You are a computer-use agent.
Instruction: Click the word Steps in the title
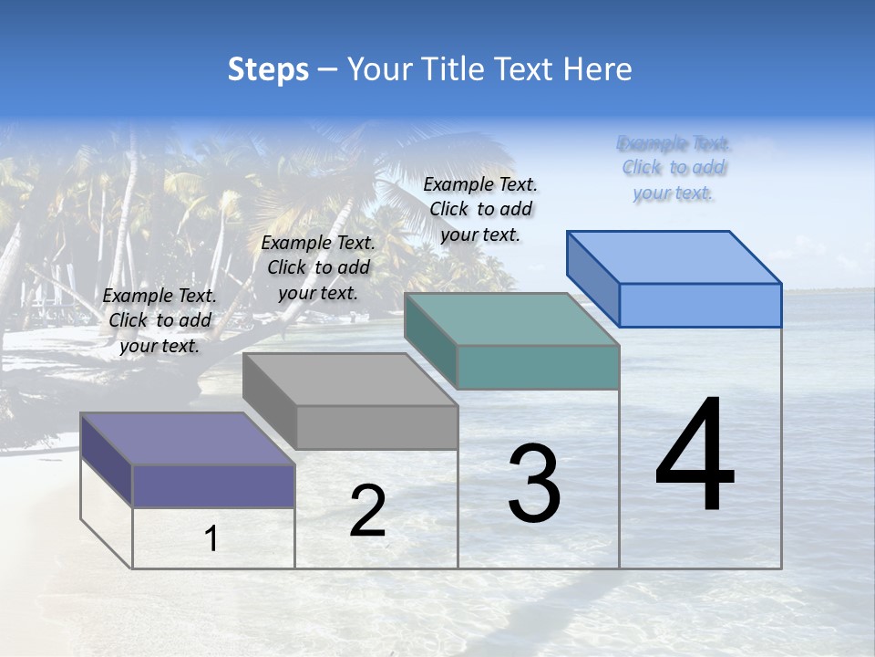point(268,69)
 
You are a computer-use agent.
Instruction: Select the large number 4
point(695,456)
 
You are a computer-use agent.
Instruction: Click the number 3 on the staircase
point(534,484)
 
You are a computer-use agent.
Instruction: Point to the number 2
point(367,511)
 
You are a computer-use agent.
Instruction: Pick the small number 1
point(211,538)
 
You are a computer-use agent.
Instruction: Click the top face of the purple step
point(187,439)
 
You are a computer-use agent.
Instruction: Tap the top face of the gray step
point(350,380)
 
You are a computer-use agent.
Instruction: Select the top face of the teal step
point(511,319)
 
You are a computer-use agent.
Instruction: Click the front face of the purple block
point(213,485)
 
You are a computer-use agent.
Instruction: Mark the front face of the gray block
point(376,427)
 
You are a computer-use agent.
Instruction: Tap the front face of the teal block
point(538,367)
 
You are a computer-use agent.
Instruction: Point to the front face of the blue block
point(700,305)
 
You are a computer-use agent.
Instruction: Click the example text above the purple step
point(160,320)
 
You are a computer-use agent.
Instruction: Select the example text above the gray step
point(318,267)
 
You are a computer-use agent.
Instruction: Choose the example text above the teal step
point(480,209)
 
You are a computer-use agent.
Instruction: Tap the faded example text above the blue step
point(674,168)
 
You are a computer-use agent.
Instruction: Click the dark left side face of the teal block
point(430,340)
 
